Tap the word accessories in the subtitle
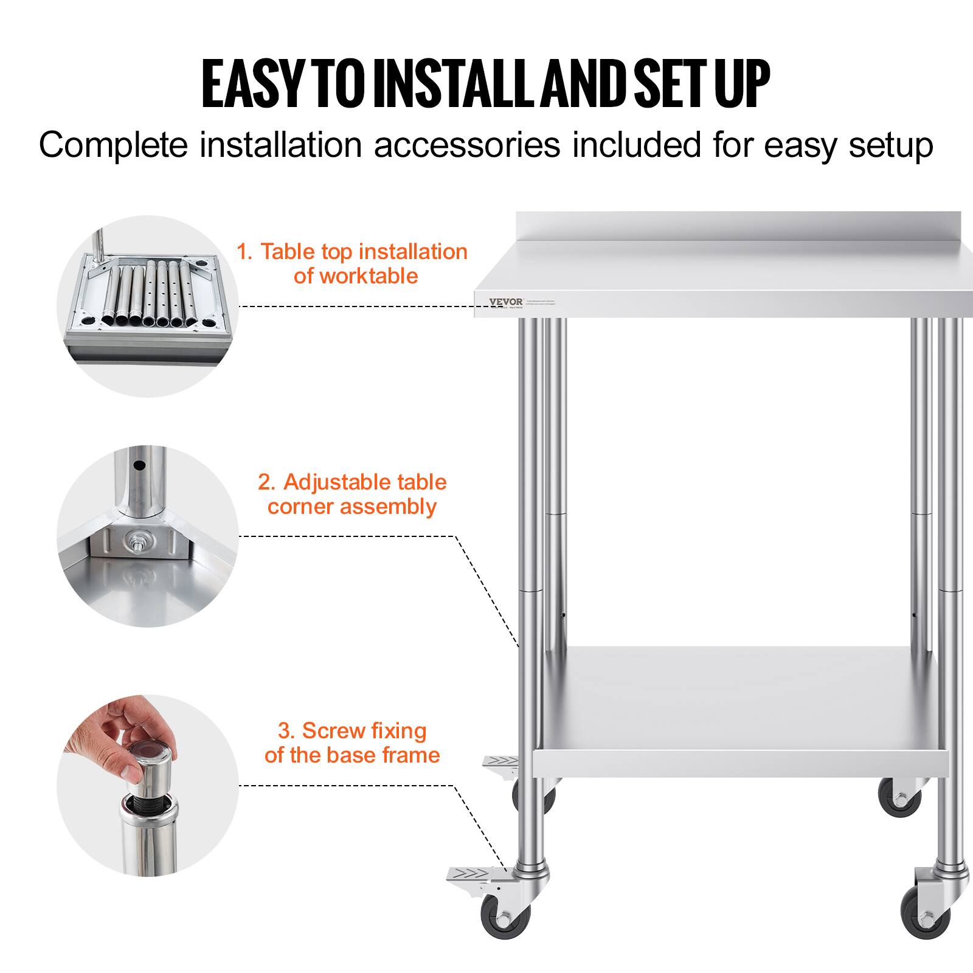point(466,145)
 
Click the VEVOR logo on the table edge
point(506,302)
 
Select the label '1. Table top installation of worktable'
point(351,263)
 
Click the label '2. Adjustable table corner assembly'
point(351,494)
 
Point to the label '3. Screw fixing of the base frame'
point(351,743)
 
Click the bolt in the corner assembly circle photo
point(134,539)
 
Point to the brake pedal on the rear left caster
point(500,762)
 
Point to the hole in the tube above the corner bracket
point(140,466)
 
